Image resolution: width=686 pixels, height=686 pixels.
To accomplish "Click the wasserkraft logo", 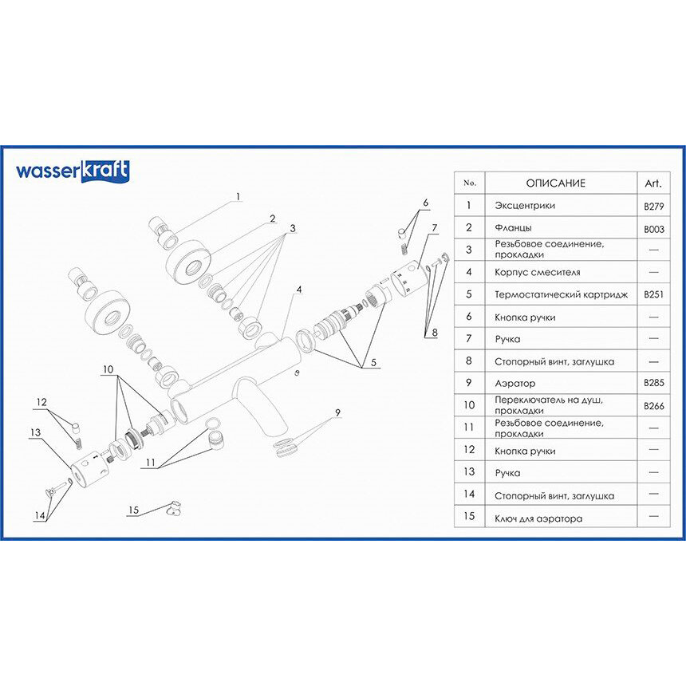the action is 73,171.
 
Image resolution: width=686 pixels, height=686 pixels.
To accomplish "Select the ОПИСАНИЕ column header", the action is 555,183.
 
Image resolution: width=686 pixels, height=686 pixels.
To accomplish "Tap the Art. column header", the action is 652,183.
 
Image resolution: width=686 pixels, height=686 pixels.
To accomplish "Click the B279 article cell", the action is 653,206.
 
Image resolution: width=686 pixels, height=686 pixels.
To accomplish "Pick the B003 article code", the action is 653,228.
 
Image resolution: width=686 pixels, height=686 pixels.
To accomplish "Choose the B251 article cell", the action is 653,294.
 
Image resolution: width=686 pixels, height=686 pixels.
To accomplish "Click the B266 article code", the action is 653,406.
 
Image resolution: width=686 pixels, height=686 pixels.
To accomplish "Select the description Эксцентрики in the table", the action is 525,206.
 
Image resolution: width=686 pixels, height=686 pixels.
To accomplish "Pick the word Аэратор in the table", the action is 516,384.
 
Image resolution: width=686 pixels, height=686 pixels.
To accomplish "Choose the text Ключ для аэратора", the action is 538,518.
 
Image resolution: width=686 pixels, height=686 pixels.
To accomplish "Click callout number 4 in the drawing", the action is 298,289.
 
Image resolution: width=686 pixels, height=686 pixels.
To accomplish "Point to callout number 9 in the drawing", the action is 337,412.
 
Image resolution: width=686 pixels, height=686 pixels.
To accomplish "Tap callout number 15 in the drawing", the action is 133,510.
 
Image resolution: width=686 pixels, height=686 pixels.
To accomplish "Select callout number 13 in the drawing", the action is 35,432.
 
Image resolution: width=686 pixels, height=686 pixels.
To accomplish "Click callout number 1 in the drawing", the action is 237,195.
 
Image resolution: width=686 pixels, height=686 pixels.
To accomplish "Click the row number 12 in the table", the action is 469,451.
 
